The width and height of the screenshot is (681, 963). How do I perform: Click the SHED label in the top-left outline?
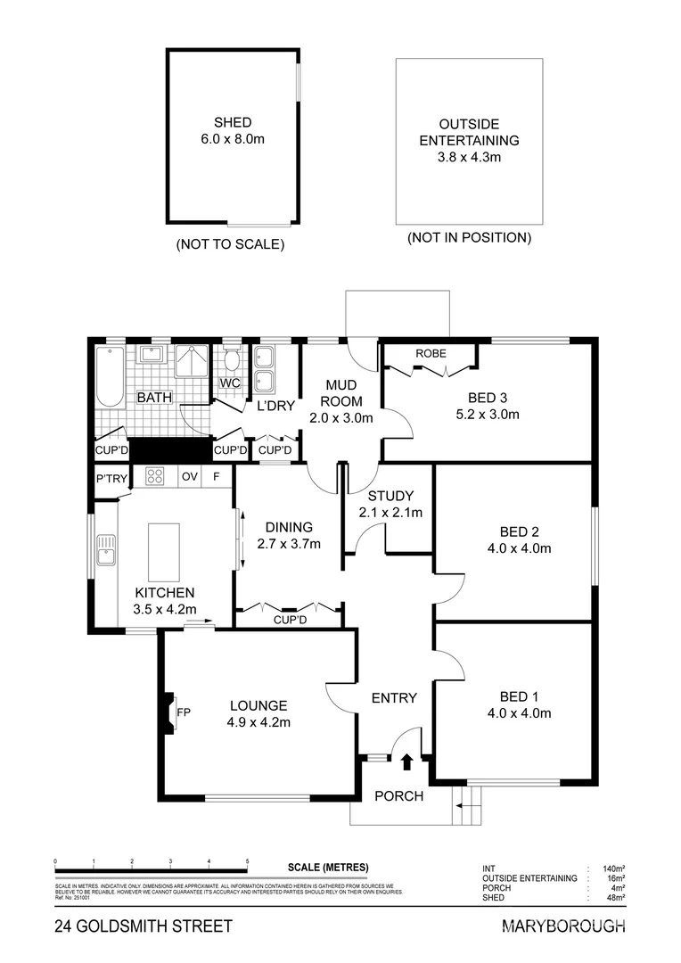(x=232, y=122)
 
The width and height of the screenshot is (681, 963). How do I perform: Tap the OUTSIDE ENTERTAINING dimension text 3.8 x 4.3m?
(x=469, y=157)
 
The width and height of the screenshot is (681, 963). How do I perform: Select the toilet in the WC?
(x=232, y=361)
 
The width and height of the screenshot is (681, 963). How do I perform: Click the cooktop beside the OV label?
(x=153, y=477)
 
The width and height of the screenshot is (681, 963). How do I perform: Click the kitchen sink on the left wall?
(x=106, y=549)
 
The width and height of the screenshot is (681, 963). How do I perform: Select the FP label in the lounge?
(x=184, y=712)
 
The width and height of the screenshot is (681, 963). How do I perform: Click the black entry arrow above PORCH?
(x=407, y=761)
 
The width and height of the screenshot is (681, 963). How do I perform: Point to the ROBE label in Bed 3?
(x=431, y=353)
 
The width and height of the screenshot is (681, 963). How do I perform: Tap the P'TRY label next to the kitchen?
(x=112, y=479)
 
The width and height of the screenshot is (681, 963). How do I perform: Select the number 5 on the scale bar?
(x=247, y=861)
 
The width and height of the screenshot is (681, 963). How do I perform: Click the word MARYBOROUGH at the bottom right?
(x=564, y=926)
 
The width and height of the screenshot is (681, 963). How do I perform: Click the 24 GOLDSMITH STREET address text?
(x=143, y=926)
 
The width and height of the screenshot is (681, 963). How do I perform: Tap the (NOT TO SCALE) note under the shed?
(x=231, y=243)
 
